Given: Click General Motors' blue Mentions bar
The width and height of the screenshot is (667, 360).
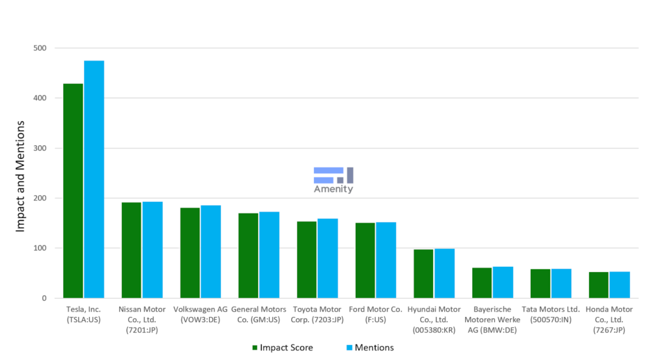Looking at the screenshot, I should [269, 255].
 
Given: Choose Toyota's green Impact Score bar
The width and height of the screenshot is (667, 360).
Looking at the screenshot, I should [307, 260].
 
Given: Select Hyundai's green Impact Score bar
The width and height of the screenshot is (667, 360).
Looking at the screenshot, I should [423, 273].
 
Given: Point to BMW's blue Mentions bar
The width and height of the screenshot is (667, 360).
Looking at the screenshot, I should [503, 282].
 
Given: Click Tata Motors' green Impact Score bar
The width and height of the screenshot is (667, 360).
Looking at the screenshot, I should [540, 283].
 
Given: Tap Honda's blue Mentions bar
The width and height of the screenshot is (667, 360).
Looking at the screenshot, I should [619, 284].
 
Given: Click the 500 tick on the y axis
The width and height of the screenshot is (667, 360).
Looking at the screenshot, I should [40, 48].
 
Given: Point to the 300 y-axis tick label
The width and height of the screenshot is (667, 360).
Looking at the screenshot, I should [40, 148].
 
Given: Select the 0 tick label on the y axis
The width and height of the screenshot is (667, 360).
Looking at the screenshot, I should [44, 298].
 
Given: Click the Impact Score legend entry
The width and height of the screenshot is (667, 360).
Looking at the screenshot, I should [281, 348].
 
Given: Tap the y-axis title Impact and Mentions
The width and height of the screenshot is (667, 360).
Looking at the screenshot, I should [20, 176].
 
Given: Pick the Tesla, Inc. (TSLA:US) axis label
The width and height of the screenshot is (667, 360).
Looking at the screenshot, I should [83, 314].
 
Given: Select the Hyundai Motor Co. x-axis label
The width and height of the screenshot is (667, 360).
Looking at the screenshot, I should [434, 320].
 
